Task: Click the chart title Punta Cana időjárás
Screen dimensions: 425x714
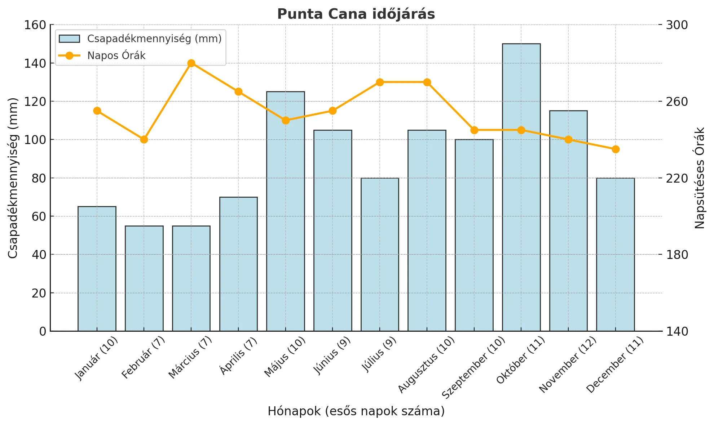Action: click(356, 14)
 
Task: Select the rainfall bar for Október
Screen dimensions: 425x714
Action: click(521, 187)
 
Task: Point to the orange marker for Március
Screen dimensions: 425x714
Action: click(191, 63)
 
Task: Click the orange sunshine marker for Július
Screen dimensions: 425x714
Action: click(380, 82)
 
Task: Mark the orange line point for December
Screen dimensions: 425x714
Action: click(616, 149)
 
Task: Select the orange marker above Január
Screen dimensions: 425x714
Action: click(97, 111)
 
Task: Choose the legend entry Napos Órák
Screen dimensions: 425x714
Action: click(116, 56)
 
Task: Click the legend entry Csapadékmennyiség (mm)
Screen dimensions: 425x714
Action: click(154, 39)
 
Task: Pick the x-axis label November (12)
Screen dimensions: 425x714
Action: click(568, 365)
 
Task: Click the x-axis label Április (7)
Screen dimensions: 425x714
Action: click(239, 356)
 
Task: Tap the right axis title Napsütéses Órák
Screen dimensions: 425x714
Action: click(700, 178)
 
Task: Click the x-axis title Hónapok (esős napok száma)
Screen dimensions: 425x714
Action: click(356, 411)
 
